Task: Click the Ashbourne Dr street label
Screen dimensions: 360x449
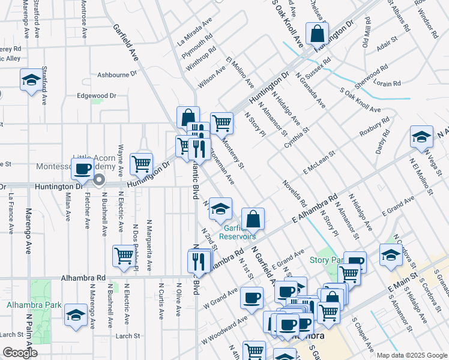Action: [117, 74]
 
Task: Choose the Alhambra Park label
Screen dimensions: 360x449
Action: [34, 305]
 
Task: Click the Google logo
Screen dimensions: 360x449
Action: [20, 353]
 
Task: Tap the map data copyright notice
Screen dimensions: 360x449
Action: [411, 355]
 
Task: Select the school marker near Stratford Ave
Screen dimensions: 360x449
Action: [31, 80]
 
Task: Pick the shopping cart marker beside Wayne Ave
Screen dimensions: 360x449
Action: [141, 162]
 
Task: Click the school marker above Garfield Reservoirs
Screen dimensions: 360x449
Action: [220, 208]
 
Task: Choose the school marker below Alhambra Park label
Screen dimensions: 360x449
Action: [76, 316]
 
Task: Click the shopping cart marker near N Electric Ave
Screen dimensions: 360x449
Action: [123, 256]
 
